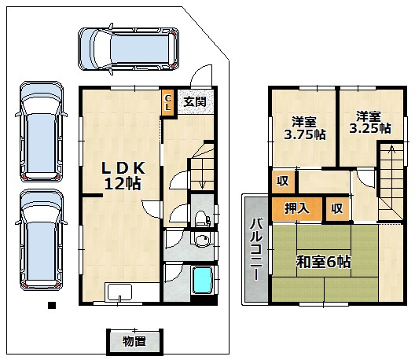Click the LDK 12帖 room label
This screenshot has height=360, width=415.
pos(123,175)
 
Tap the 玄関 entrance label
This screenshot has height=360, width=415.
pos(195,101)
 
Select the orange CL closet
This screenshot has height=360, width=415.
pos(167,103)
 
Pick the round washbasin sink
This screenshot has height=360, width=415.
pos(203,240)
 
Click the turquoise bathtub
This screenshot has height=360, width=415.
pos(203,280)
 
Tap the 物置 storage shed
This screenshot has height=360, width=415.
pos(134,342)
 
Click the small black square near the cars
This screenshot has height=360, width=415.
pos(52,305)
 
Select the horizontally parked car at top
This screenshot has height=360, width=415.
pos(128,49)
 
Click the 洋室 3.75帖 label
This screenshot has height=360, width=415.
pos(304,128)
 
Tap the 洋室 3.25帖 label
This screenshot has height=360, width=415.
pos(369,123)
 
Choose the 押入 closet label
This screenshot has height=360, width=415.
pos(297,208)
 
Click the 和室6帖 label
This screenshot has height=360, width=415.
pos(323,262)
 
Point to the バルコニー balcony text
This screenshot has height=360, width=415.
pos(256,249)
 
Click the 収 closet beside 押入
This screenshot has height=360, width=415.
pos(337,208)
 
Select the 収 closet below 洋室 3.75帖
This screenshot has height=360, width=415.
pos(283,182)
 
